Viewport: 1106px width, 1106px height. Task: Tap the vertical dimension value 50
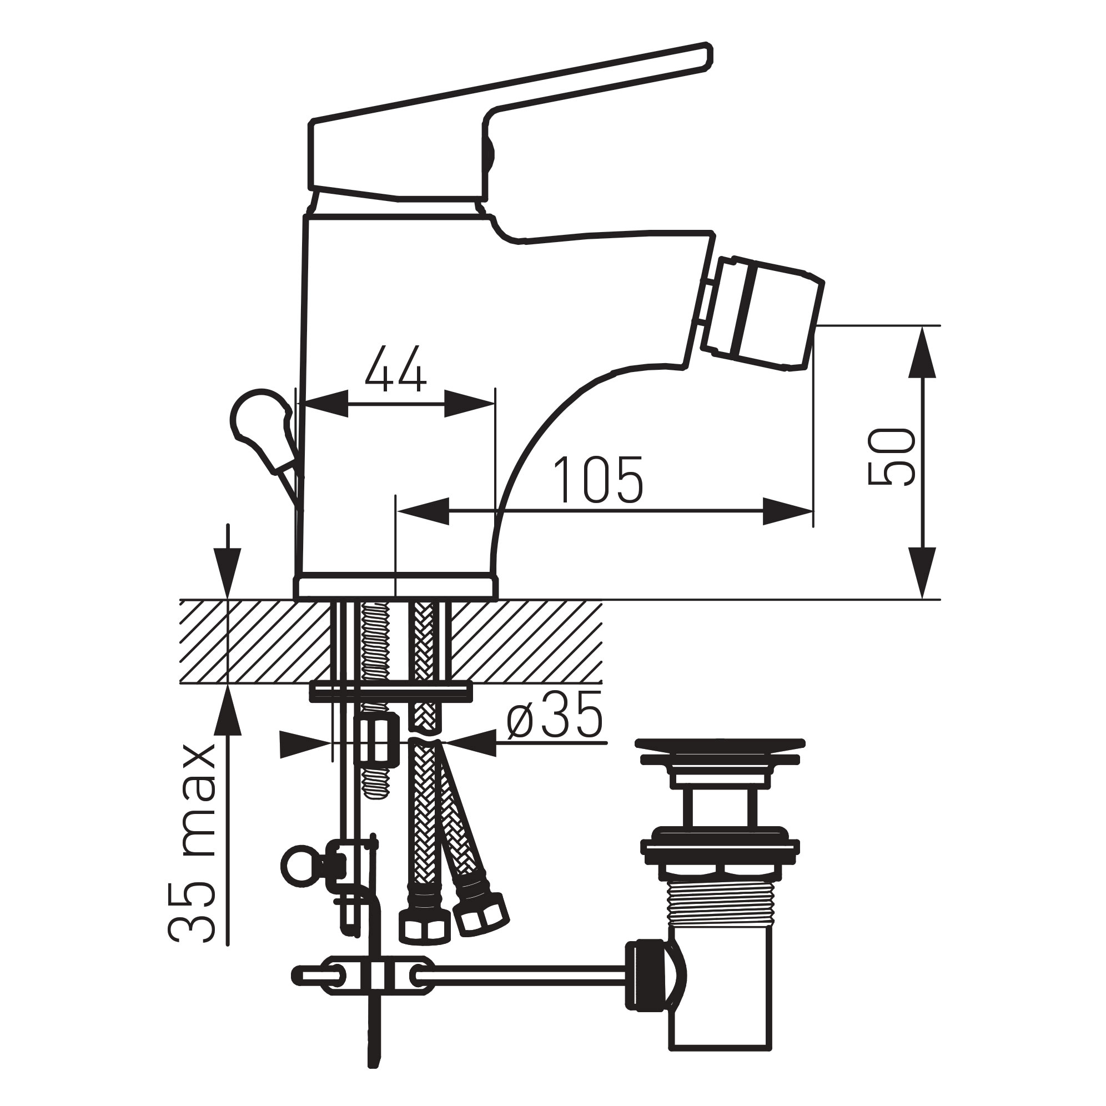[x=891, y=457]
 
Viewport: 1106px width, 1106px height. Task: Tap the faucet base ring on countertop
[x=395, y=587]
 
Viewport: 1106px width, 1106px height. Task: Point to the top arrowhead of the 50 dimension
[x=922, y=352]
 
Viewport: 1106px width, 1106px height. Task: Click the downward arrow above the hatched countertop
[x=228, y=564]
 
